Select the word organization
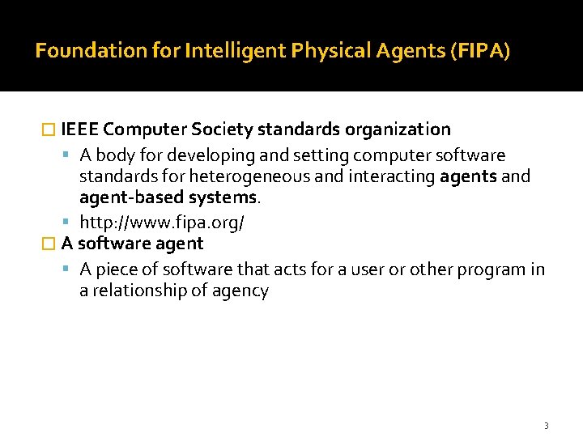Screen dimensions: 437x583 click(398, 129)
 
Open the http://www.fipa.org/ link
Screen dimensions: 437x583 click(162, 222)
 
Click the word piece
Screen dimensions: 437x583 click(118, 269)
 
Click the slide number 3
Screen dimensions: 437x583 click(546, 426)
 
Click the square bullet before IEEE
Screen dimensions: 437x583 click(48, 130)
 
